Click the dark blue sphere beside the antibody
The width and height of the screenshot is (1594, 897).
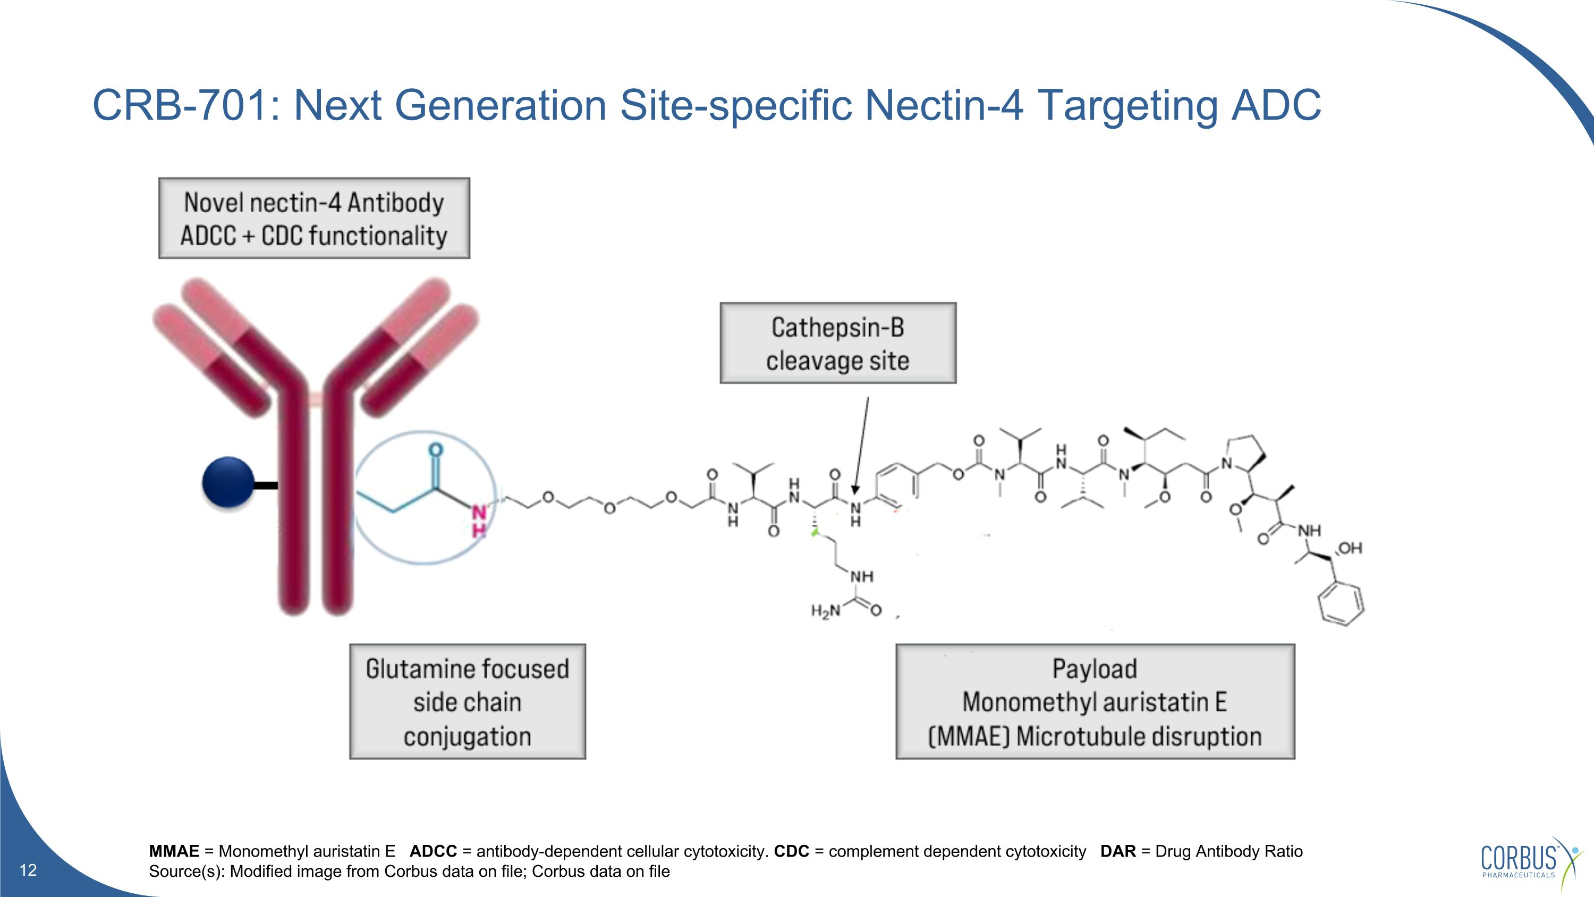point(228,482)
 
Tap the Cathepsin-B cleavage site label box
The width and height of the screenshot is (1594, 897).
point(838,343)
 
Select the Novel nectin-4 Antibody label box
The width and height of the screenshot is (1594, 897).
point(313,218)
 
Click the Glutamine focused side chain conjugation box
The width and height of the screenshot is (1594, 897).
point(467,701)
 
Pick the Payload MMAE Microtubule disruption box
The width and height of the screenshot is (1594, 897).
point(1095,701)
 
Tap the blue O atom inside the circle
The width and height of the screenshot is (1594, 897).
point(436,450)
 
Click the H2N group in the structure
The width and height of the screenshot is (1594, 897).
point(826,611)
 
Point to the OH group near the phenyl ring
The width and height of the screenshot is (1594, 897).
point(1350,548)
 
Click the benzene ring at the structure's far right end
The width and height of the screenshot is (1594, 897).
point(1341,603)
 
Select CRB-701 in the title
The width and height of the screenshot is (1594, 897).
point(180,105)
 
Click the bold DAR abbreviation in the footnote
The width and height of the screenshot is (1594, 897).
point(1117,851)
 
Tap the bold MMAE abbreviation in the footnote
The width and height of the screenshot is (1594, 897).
point(174,851)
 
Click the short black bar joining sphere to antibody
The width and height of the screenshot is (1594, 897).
point(266,485)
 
